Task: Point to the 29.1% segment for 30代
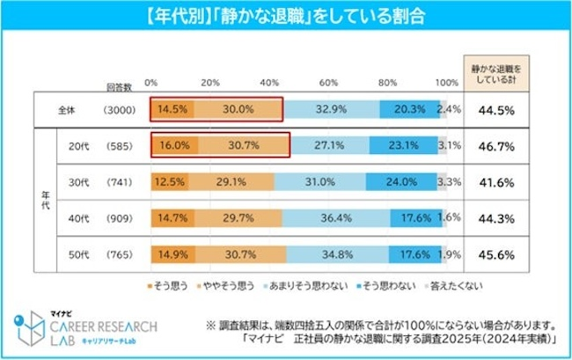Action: (x=231, y=182)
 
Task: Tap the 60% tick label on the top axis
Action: (x=327, y=82)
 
